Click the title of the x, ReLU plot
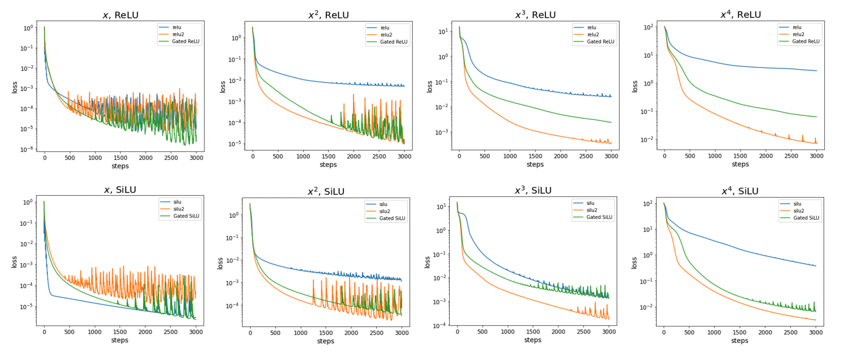tap(120, 15)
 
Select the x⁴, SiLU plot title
tap(740, 191)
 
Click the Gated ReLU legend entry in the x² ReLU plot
tap(393, 42)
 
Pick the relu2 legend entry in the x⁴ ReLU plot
tap(798, 34)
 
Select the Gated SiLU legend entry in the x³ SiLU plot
tap(599, 217)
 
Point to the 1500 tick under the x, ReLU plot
tap(120, 158)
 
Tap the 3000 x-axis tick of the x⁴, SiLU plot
tap(816, 333)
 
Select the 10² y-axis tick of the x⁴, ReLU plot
tap(648, 27)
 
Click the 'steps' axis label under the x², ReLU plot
tap(328, 165)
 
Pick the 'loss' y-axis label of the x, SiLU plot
tap(14, 262)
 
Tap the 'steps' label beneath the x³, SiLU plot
tap(532, 340)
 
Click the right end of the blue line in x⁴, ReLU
tap(816, 71)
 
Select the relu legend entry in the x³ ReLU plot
tap(591, 27)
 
